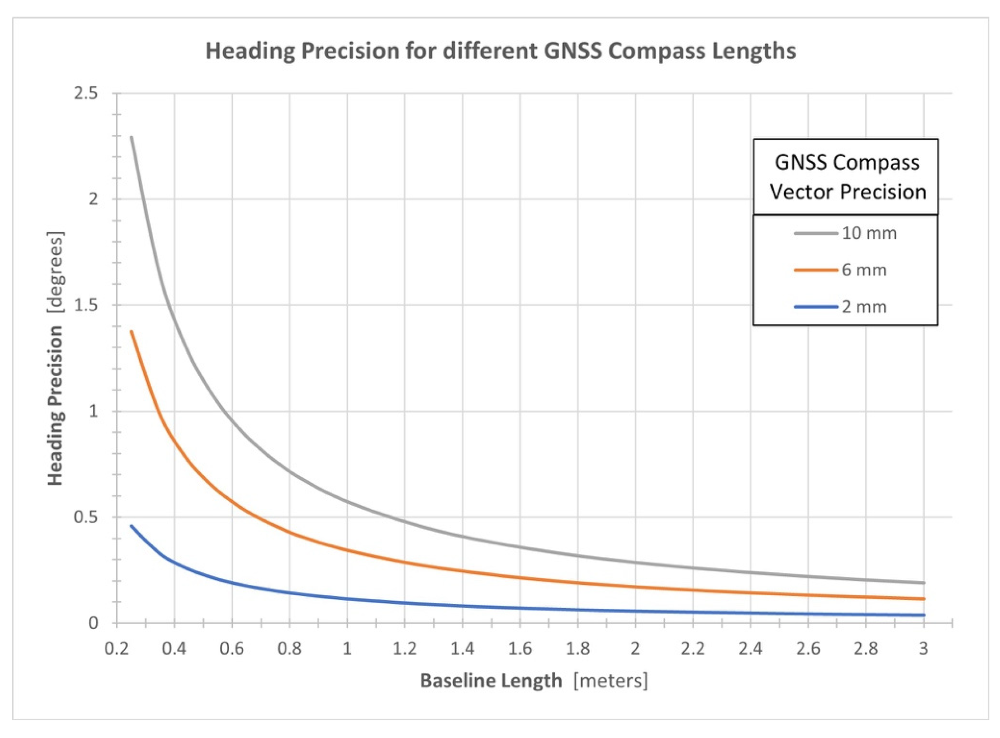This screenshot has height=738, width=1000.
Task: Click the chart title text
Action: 500,51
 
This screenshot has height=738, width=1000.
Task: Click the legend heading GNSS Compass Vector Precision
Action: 847,177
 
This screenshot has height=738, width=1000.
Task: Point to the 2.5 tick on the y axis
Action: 86,93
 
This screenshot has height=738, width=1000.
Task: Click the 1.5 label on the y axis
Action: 86,305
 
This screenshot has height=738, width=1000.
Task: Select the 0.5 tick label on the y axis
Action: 86,517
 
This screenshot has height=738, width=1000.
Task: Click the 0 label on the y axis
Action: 93,623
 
